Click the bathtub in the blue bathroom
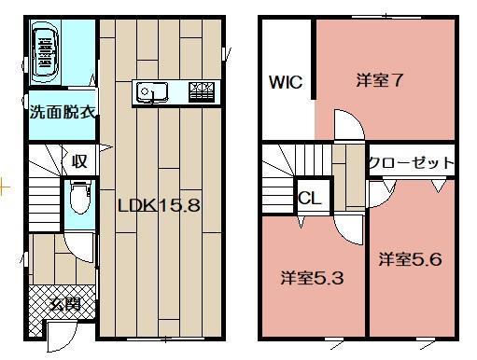[44, 50]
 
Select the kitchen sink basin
[149, 91]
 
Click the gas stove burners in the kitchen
[202, 91]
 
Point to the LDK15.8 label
[159, 206]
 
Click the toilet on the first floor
[79, 197]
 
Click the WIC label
[285, 82]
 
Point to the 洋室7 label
[379, 79]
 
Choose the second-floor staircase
[281, 178]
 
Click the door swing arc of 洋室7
[347, 125]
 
